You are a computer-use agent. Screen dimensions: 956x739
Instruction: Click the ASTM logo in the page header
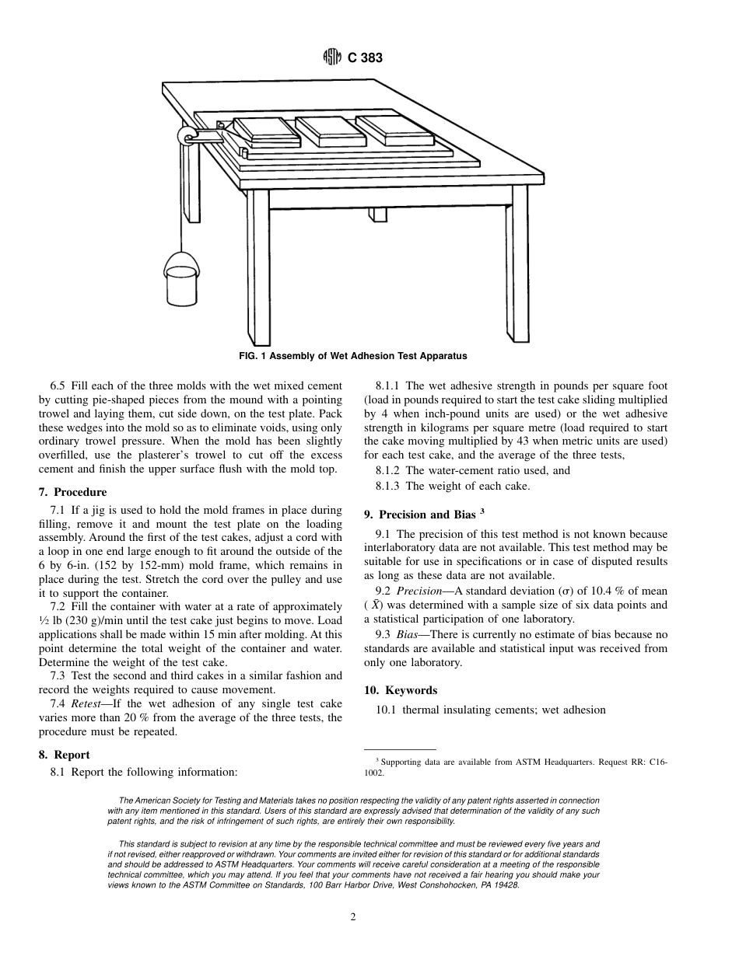tap(332, 58)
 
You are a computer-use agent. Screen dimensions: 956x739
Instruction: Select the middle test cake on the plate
tap(331, 131)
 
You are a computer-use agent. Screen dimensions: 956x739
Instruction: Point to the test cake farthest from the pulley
tap(395, 128)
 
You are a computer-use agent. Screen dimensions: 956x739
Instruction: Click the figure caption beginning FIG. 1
tap(352, 356)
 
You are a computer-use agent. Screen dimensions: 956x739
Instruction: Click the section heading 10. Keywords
tap(401, 690)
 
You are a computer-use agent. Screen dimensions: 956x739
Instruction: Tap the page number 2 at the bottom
tap(353, 917)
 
